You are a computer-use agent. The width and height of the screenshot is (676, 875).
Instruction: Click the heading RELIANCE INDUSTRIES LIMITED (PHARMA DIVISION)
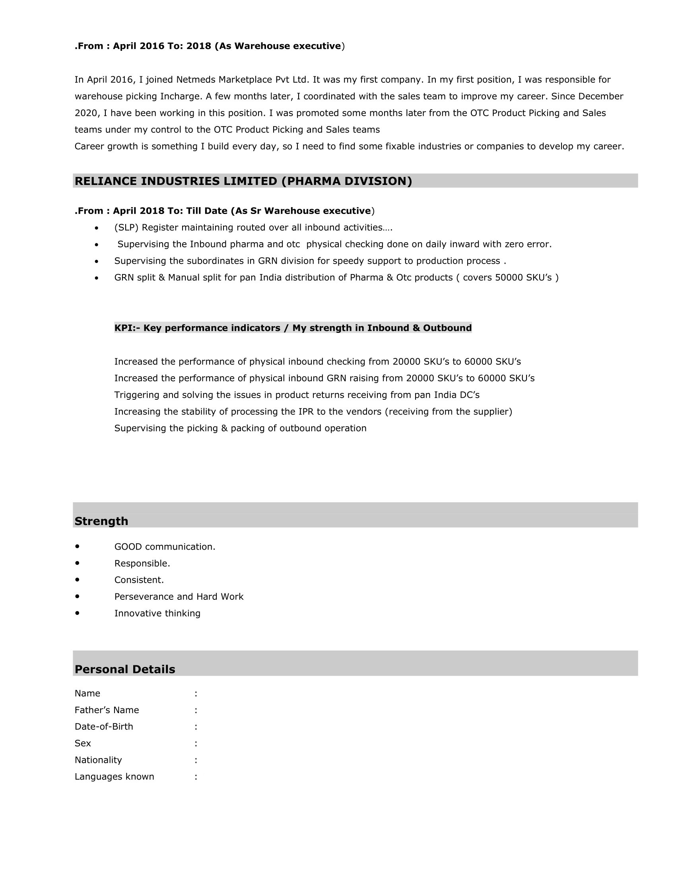243,181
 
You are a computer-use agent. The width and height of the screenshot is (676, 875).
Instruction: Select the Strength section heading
101,521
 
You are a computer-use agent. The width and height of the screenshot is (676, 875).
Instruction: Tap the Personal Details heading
124,669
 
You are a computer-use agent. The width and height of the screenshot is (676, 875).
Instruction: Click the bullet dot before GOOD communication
77,546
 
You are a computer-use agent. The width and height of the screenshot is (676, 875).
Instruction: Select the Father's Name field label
107,710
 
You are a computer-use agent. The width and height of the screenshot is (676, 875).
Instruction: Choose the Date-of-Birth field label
104,726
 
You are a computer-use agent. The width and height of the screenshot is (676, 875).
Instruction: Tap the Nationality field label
98,760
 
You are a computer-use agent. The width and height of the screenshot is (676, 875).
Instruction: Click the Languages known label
114,776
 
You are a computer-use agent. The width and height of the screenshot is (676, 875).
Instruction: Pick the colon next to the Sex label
196,743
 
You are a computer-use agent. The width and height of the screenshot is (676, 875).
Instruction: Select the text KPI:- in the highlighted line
127,328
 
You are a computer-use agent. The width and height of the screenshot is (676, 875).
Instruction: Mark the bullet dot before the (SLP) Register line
97,228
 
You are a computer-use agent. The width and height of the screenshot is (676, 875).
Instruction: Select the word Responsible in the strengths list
141,563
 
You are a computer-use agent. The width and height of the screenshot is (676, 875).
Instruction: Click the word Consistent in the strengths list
138,580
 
